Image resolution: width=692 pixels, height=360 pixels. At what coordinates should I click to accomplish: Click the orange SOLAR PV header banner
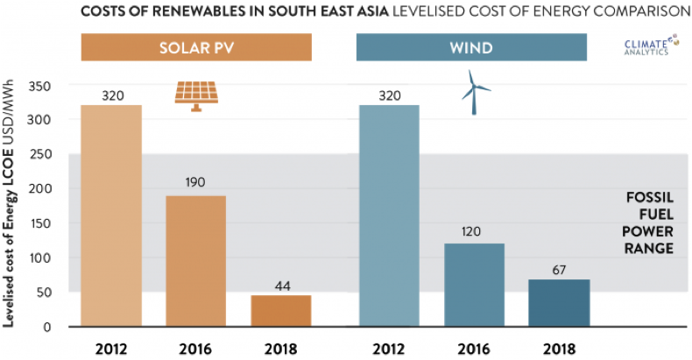point(196,47)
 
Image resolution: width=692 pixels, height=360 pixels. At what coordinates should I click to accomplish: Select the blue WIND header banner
point(471,47)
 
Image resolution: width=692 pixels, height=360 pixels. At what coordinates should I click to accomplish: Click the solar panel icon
point(195,95)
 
